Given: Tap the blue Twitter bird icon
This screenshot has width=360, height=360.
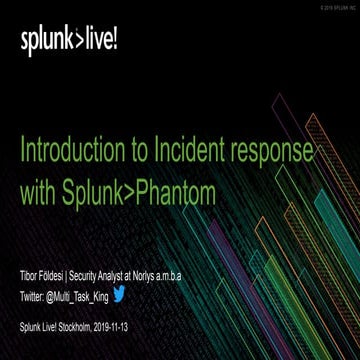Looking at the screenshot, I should [x=118, y=267].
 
